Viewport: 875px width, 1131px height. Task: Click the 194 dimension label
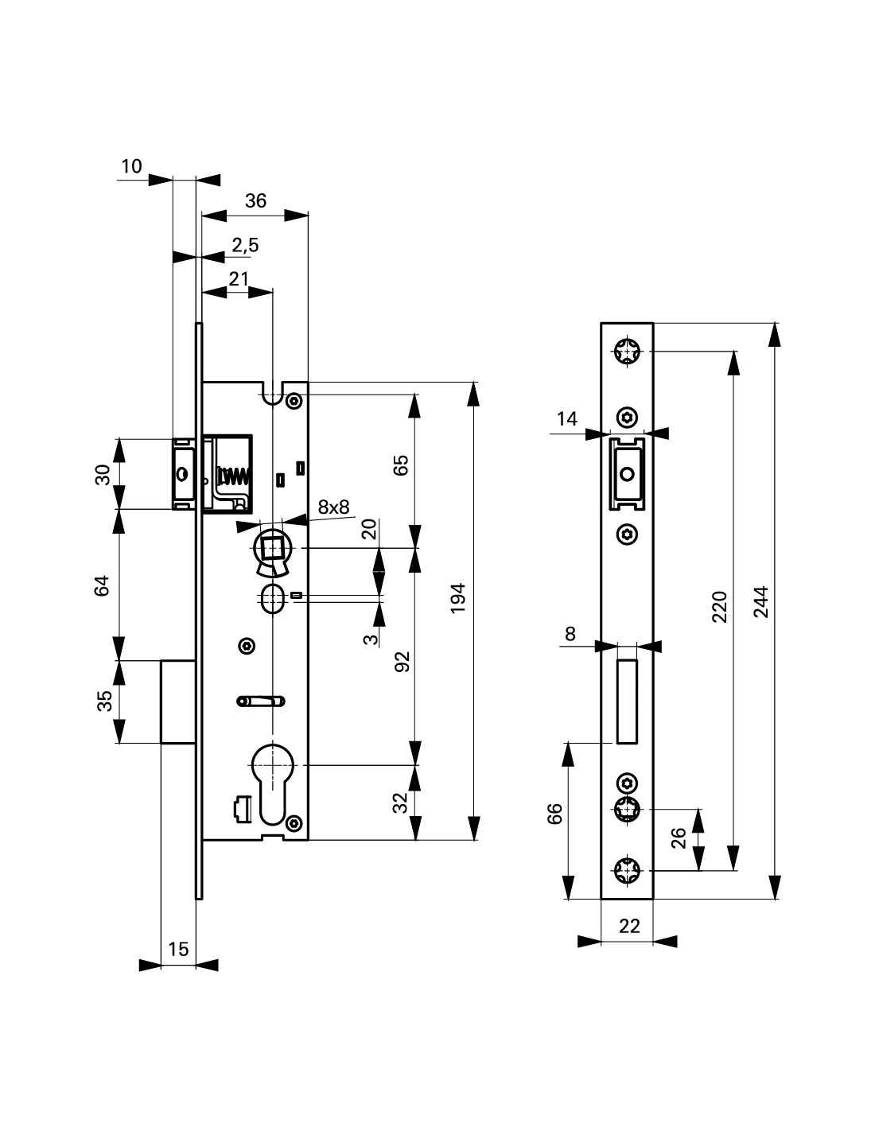(x=457, y=598)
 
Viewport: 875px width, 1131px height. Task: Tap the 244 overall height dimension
(x=760, y=603)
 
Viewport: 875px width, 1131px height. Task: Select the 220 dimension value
(x=719, y=607)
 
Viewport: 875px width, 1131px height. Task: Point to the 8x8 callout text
(x=333, y=507)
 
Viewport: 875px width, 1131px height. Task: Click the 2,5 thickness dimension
(x=245, y=245)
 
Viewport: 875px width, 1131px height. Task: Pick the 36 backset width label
(x=255, y=200)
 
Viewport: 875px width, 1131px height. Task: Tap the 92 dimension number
(x=402, y=662)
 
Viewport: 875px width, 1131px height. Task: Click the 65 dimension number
(x=400, y=465)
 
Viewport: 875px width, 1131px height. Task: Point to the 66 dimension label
(x=555, y=814)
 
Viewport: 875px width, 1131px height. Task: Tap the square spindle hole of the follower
(x=272, y=548)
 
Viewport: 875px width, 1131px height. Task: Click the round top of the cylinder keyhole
(x=272, y=765)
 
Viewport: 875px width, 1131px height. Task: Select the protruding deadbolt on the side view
(x=178, y=702)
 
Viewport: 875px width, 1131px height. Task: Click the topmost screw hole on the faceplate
(x=628, y=352)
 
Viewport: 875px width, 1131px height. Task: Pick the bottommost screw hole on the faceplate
(x=628, y=869)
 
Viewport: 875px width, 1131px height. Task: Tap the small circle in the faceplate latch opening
(x=628, y=474)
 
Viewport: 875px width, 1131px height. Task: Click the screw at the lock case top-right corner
(x=294, y=402)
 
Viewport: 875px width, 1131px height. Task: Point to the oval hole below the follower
(x=272, y=599)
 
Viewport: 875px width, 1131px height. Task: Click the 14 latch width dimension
(x=567, y=418)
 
